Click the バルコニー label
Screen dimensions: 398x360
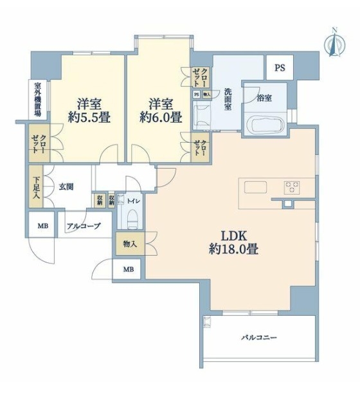click(260, 337)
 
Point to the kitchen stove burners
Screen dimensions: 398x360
click(292, 187)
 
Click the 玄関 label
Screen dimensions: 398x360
click(67, 187)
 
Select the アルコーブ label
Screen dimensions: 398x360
click(84, 226)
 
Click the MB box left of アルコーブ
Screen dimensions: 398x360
click(42, 226)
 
